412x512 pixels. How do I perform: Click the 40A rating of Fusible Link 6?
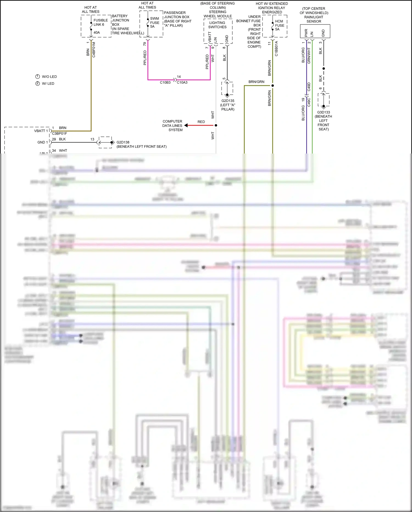tap(97, 32)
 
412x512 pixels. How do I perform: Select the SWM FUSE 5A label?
tap(155, 23)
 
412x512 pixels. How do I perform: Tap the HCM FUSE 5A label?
tap(280, 25)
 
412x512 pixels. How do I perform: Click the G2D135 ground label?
tap(228, 101)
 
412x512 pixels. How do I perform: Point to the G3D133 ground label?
tap(323, 112)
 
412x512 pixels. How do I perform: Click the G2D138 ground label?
tap(123, 142)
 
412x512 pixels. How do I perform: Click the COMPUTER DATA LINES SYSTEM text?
tap(172, 125)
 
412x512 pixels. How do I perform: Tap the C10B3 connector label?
tap(165, 82)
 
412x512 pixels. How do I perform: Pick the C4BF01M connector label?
tap(94, 50)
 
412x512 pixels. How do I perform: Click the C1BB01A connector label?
tap(276, 49)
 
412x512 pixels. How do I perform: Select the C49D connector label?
tap(309, 87)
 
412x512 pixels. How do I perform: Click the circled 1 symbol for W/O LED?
tap(38, 76)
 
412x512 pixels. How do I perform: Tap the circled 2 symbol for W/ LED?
tap(38, 83)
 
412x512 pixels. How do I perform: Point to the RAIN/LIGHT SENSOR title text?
tap(314, 19)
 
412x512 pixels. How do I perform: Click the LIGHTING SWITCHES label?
tap(217, 25)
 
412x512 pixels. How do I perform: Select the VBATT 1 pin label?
tap(41, 131)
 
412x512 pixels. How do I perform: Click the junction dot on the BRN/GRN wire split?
tap(272, 86)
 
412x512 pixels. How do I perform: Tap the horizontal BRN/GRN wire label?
tap(256, 82)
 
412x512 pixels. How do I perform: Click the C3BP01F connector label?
tap(59, 133)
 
